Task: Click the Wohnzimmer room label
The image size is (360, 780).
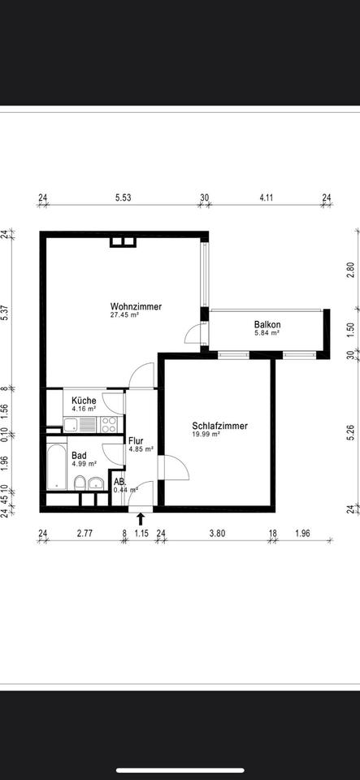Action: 136,307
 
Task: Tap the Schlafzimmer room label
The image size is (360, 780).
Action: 219,426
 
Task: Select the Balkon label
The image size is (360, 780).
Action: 267,325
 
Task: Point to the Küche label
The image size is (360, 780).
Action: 84,401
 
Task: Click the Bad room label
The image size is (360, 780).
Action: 79,456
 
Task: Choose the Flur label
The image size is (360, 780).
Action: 136,440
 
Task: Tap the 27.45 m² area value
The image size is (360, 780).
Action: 124,315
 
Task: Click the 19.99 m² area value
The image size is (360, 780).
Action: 206,434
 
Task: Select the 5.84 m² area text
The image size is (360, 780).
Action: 267,333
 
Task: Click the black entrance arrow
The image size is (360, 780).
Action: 141,519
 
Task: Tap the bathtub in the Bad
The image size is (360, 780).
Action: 57,467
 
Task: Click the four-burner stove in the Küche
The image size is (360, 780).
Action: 110,424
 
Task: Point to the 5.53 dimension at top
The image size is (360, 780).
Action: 123,197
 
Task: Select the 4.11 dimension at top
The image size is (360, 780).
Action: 267,197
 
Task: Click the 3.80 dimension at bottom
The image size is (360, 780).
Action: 217,534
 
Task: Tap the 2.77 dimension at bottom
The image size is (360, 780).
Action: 85,534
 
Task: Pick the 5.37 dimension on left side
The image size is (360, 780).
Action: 6,311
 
